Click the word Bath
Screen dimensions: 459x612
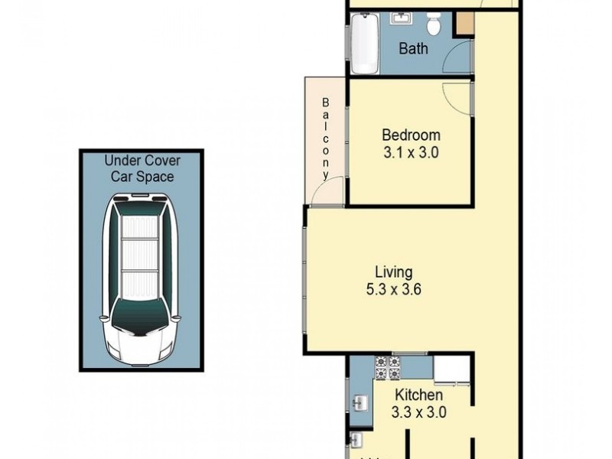(x=414, y=49)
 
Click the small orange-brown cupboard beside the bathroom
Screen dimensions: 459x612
(x=464, y=23)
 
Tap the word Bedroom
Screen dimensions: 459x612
(x=411, y=135)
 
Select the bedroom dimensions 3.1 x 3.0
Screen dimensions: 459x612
(x=411, y=152)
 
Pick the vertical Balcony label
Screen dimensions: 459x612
(x=326, y=138)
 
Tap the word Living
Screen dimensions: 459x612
(x=393, y=272)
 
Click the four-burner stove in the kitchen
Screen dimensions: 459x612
(x=386, y=368)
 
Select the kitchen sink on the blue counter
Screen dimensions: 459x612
(x=360, y=400)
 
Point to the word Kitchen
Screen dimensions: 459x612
(x=418, y=396)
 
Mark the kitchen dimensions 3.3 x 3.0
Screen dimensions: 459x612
(x=419, y=412)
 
